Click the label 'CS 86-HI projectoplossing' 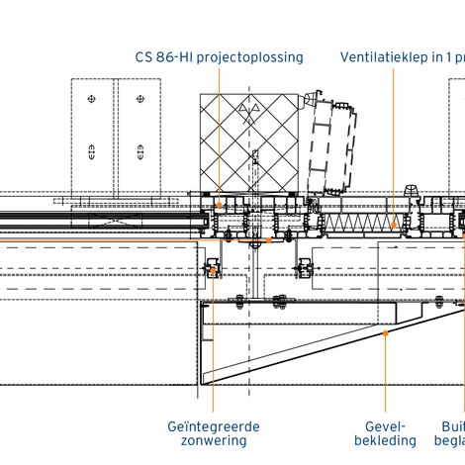[219, 56]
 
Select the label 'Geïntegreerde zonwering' [214, 432]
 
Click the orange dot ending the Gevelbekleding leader [387, 332]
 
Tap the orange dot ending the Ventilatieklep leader [393, 225]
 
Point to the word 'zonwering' [214, 440]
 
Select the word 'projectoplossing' [251, 56]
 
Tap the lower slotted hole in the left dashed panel [91, 152]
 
